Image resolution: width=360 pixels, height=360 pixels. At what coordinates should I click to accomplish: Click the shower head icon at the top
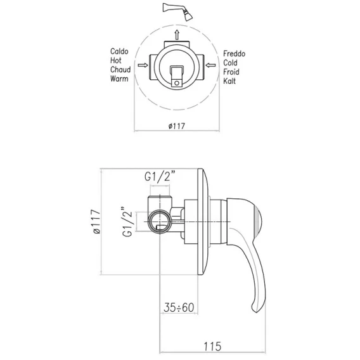tap(177, 11)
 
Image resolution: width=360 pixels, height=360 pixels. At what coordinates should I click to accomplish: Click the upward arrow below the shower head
tap(177, 35)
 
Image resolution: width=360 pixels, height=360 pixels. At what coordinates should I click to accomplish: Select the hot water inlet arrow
tap(143, 65)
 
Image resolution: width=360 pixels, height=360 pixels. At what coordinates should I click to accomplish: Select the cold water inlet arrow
tap(210, 65)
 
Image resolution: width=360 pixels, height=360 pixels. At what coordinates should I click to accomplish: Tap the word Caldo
tap(119, 51)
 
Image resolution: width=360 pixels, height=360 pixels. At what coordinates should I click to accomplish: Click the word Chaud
tap(120, 70)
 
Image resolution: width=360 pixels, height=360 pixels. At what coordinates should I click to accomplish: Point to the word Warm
tap(119, 79)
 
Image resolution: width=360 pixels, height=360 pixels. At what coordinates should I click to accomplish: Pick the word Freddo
tap(234, 54)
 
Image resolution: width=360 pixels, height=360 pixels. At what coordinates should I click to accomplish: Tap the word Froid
tap(231, 72)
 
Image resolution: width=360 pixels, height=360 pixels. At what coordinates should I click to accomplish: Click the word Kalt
tap(229, 81)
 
